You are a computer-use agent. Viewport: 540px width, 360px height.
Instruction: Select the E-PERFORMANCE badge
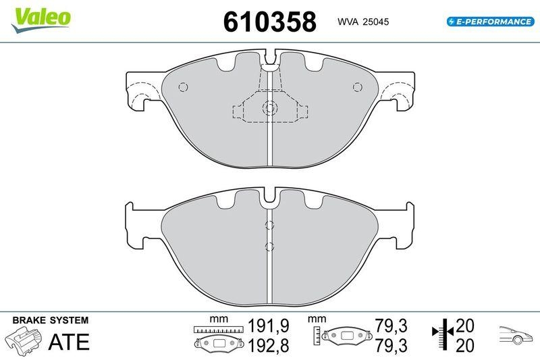click(x=489, y=22)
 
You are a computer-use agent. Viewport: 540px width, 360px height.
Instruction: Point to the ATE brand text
click(x=68, y=342)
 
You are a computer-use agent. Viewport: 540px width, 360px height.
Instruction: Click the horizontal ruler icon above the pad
click(x=217, y=329)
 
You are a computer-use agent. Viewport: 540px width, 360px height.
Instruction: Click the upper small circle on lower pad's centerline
click(x=269, y=225)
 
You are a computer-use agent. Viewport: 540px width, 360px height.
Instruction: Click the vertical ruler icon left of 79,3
click(x=317, y=334)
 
